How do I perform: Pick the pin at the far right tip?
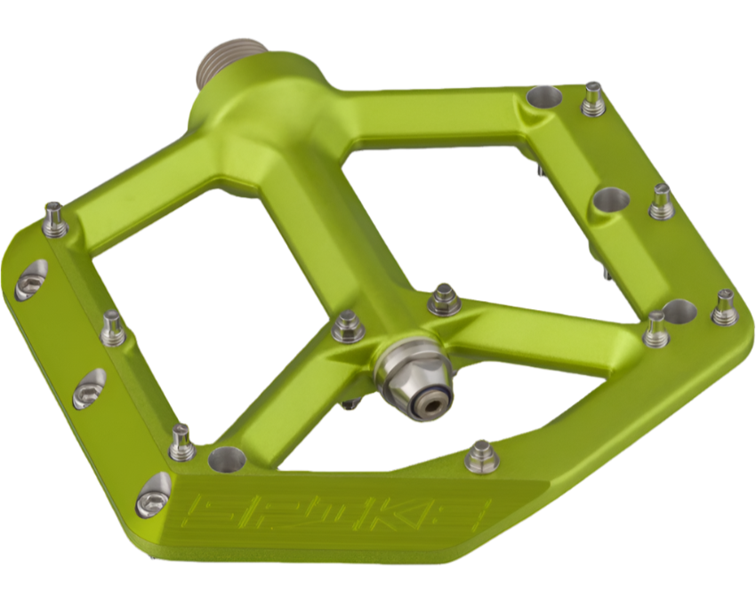(725, 307)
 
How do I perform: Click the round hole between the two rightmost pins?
(680, 311)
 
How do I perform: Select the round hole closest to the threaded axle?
(542, 98)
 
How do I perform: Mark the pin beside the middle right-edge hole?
(660, 201)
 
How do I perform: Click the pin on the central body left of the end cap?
(348, 326)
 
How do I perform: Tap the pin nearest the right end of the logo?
(481, 456)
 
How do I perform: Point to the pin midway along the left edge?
(113, 326)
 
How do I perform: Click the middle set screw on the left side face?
(89, 389)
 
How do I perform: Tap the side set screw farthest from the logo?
(29, 281)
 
